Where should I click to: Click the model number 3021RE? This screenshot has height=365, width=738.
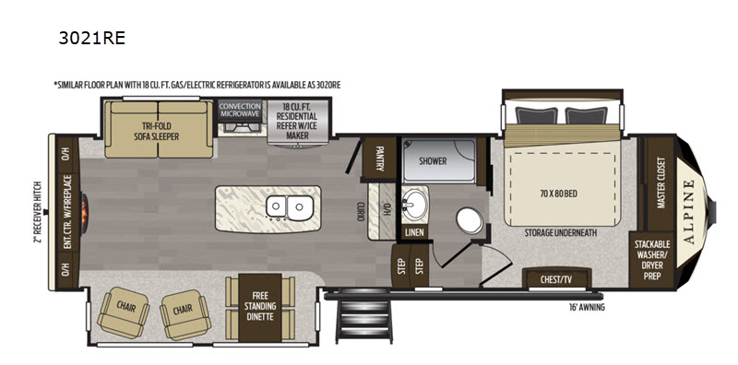click(x=91, y=38)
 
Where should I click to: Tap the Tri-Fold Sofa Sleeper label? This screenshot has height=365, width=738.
click(x=157, y=131)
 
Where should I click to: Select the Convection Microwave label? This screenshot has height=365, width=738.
click(x=240, y=110)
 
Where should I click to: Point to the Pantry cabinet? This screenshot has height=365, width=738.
click(x=379, y=158)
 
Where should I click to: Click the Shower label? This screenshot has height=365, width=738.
click(x=433, y=161)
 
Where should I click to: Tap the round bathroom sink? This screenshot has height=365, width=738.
click(x=414, y=206)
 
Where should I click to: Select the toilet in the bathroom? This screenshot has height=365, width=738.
click(x=470, y=220)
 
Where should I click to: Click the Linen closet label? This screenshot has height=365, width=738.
click(x=414, y=232)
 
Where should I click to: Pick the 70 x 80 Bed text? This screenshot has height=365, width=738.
click(x=558, y=194)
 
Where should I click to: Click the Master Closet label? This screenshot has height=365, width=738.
click(x=661, y=183)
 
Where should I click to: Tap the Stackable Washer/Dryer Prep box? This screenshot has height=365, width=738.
click(x=652, y=260)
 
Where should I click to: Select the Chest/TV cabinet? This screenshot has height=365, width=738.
click(x=556, y=277)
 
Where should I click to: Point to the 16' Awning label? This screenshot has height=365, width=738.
click(x=587, y=308)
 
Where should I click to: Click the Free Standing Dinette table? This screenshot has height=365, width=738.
click(x=260, y=307)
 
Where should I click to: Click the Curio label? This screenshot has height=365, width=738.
click(x=360, y=212)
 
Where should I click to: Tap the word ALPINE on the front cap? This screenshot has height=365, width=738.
click(x=688, y=212)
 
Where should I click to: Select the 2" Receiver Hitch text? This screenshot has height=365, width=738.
click(x=38, y=212)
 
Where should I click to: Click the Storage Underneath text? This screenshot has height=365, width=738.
click(x=561, y=233)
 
